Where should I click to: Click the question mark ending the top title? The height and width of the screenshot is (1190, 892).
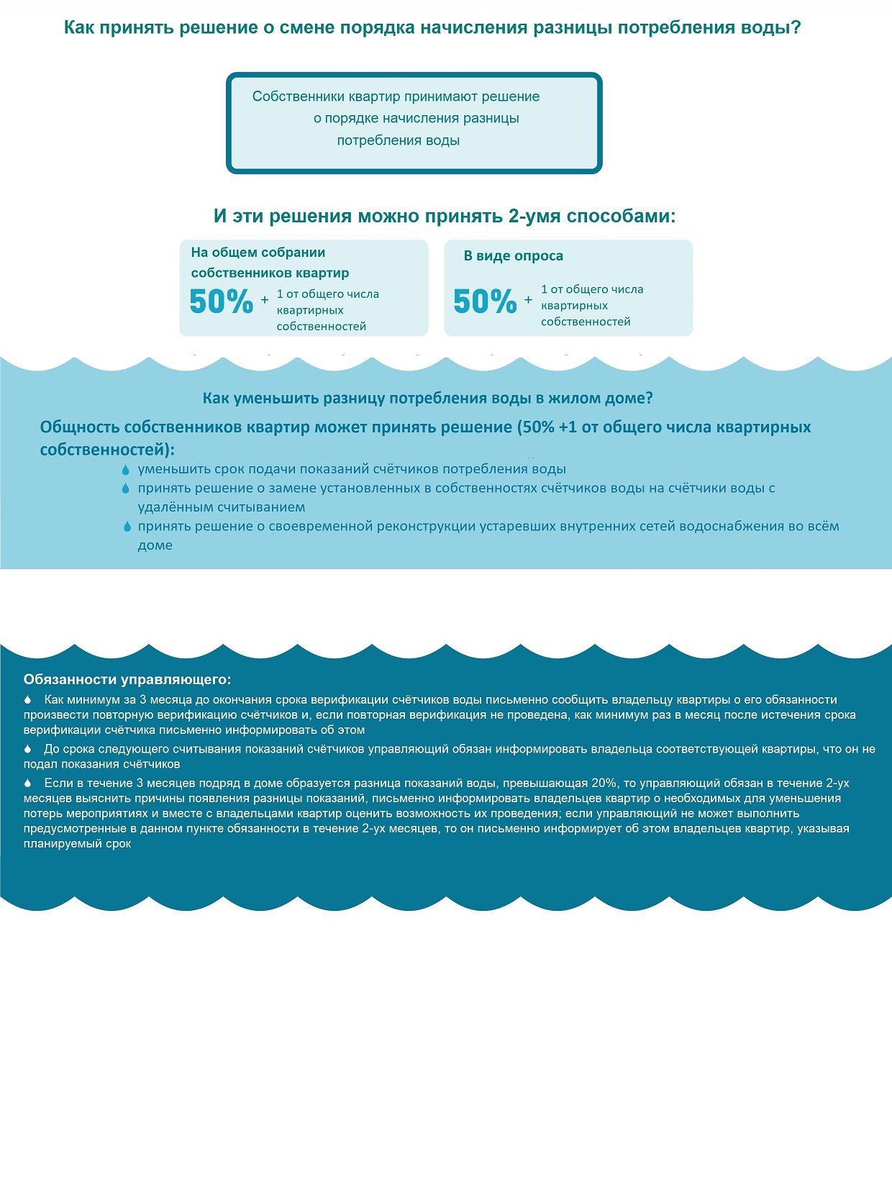[795, 28]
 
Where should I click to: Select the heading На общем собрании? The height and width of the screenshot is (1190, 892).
[258, 253]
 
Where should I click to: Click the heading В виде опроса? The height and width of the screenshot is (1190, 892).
[513, 256]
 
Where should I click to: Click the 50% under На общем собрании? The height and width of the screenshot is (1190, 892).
[221, 301]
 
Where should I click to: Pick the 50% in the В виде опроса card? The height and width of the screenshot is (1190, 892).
[485, 301]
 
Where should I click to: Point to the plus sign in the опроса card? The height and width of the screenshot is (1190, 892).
[529, 300]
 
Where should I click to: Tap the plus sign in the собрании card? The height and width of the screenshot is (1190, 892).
[265, 299]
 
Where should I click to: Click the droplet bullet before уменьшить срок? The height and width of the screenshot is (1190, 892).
[126, 470]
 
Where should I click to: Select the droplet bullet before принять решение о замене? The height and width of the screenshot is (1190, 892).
[126, 489]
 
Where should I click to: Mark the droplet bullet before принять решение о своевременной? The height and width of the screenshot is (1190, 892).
[127, 527]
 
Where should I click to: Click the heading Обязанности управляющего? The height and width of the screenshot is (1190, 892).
[127, 679]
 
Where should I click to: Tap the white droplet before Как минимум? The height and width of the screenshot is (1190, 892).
[28, 699]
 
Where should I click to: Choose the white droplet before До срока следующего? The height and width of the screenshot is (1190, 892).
[28, 749]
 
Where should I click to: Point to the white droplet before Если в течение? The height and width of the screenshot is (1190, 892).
[28, 783]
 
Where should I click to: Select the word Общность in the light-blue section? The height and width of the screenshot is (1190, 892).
[79, 427]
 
